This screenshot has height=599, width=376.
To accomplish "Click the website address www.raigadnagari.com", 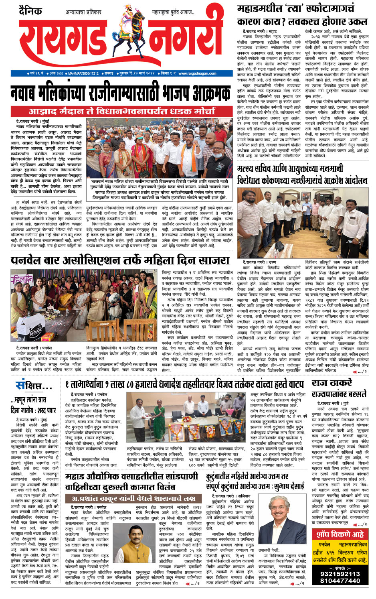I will (x=197, y=73).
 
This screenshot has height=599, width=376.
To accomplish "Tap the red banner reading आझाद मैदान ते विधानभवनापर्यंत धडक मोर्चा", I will (x=121, y=111).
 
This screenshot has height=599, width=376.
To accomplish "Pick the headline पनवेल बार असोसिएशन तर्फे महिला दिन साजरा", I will (x=120, y=261).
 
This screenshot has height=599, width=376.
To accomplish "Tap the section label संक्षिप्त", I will (x=34, y=386).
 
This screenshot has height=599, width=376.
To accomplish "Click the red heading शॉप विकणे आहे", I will (x=340, y=534).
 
